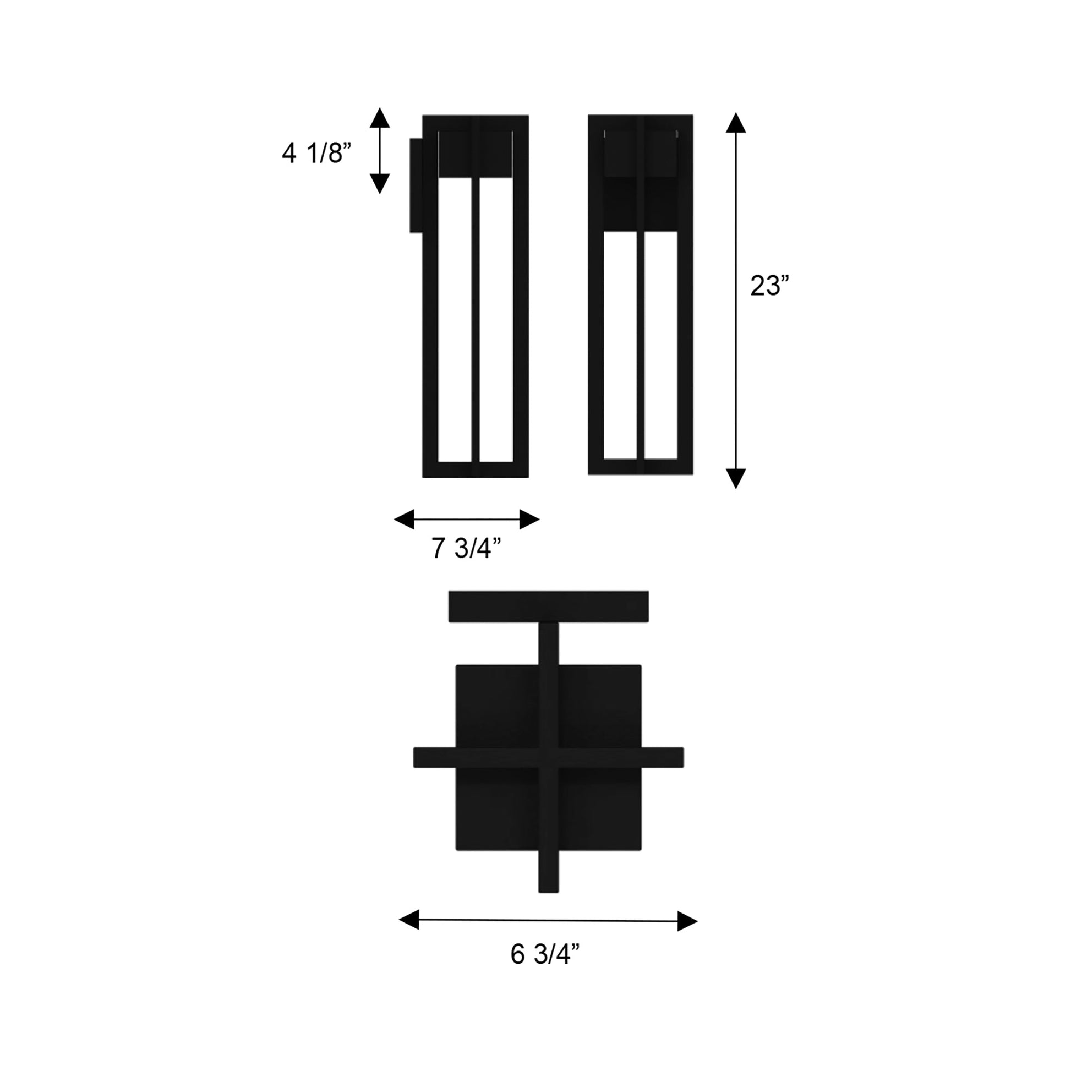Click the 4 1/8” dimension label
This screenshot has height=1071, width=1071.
click(316, 153)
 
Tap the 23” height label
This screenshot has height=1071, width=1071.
click(769, 286)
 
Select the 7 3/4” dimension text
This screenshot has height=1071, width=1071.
click(466, 548)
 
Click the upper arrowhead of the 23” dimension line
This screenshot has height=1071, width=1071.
click(736, 123)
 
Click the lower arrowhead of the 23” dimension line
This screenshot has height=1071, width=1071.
click(736, 477)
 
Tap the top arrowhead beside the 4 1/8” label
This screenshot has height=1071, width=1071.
click(380, 118)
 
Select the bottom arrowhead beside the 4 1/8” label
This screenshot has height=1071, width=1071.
click(380, 183)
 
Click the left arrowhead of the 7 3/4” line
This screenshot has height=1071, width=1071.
click(404, 520)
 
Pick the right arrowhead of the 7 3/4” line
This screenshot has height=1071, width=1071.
click(529, 520)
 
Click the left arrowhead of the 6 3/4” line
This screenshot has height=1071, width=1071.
click(409, 919)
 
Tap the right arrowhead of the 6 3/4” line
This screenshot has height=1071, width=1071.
click(687, 921)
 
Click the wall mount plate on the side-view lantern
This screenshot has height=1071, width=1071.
click(416, 185)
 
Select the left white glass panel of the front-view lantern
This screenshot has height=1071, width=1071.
click(620, 345)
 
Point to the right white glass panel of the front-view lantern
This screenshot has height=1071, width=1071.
click(661, 345)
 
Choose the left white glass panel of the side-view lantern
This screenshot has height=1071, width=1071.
click(455, 319)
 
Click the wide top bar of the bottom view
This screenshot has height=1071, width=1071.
click(548, 606)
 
